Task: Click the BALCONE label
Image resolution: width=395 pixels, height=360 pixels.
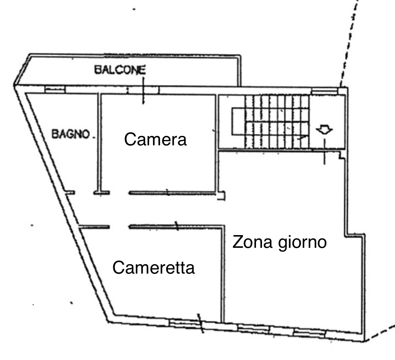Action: (x=120, y=70)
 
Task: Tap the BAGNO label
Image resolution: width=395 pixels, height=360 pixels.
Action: (x=71, y=134)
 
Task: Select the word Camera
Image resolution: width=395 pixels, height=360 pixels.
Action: (x=155, y=139)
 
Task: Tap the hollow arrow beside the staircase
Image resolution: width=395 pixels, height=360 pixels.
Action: (x=324, y=129)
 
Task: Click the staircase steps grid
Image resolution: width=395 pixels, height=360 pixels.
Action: (x=277, y=122)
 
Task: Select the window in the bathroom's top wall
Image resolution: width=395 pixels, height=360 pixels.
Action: (x=55, y=89)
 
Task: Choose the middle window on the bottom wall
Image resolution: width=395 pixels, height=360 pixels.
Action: (x=254, y=328)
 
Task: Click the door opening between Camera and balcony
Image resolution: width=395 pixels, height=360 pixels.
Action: (x=143, y=90)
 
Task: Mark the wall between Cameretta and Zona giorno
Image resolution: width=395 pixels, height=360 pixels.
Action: (x=223, y=274)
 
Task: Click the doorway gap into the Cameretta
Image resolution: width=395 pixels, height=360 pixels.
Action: (x=119, y=227)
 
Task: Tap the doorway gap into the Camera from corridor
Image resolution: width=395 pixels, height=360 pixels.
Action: (x=119, y=193)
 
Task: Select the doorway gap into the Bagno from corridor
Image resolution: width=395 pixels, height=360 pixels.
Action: (x=84, y=193)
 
